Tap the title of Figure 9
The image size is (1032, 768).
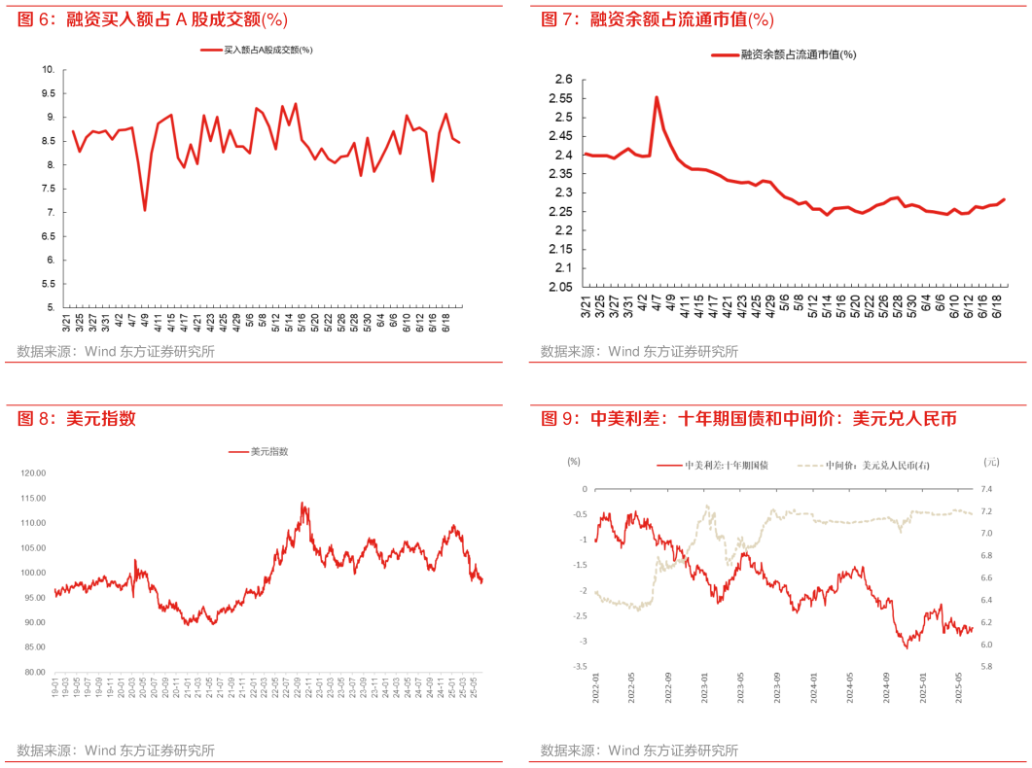click(749, 419)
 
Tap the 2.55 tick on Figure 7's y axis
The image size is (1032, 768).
click(558, 98)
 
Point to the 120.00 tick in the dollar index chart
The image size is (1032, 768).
click(34, 472)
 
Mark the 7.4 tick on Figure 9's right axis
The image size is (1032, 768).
click(987, 489)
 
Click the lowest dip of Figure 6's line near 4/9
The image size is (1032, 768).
click(145, 210)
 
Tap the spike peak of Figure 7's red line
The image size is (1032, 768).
click(657, 97)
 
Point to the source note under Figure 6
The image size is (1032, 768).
click(116, 352)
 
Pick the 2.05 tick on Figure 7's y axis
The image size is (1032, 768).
click(558, 287)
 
